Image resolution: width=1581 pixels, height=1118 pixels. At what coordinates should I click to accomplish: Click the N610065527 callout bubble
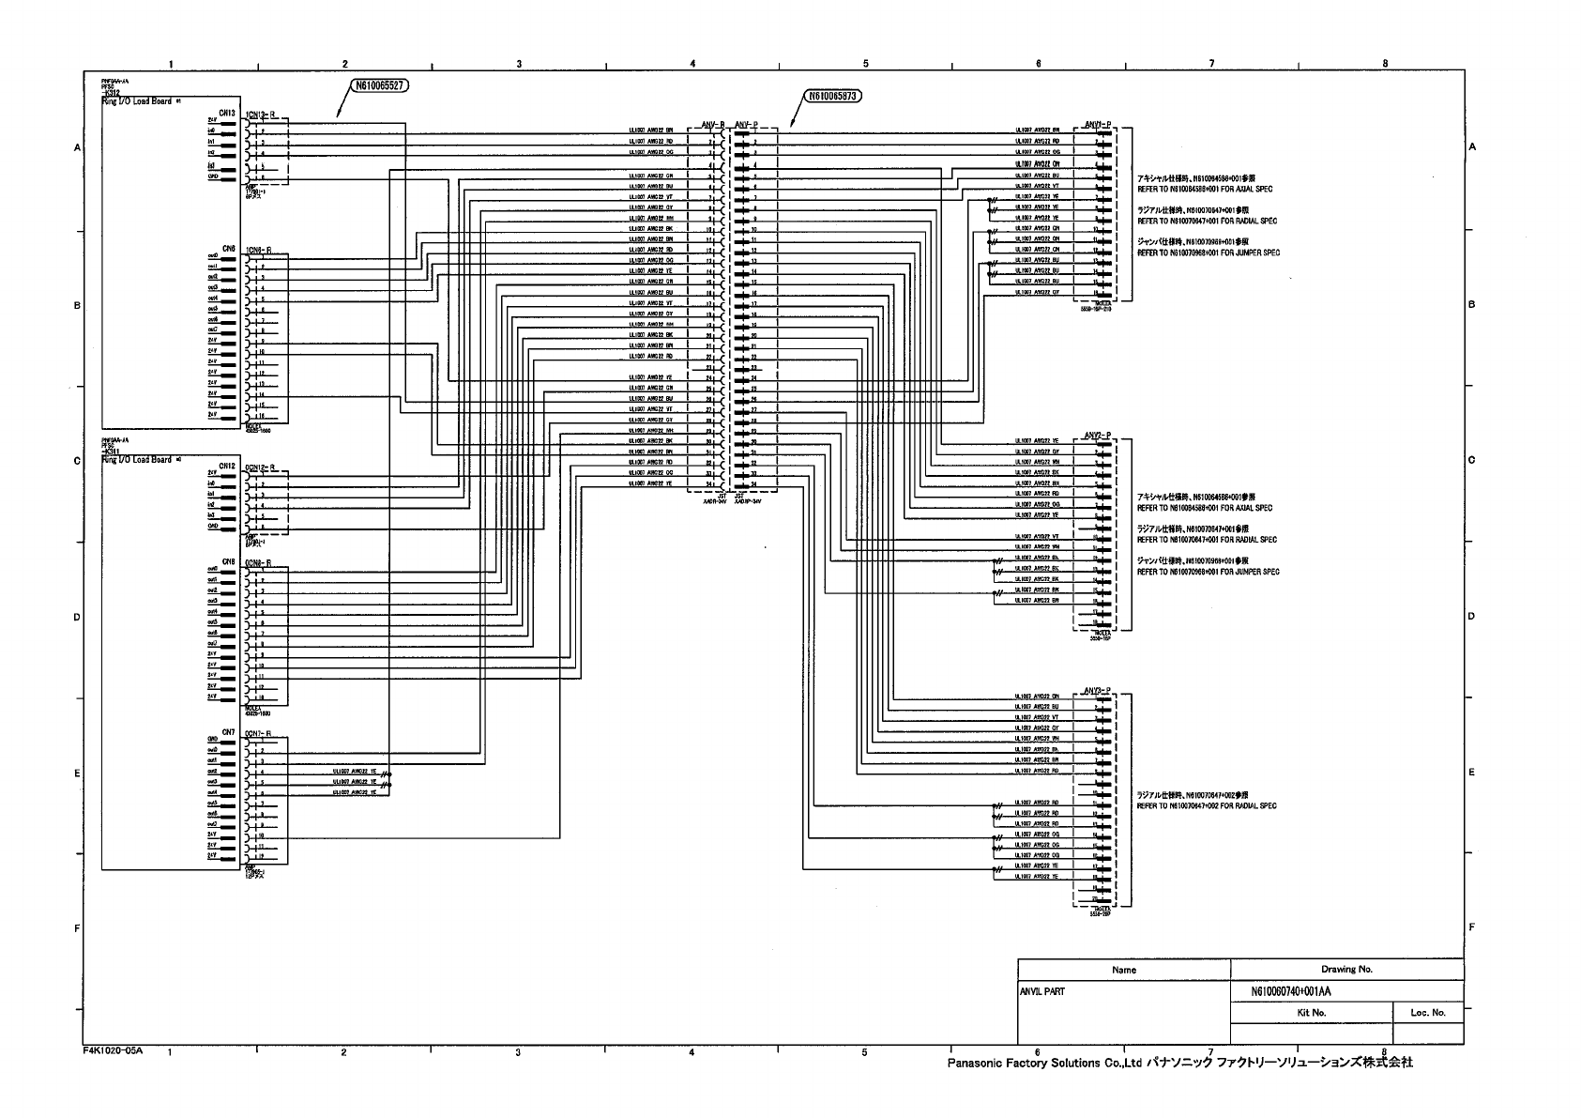pyautogui.click(x=380, y=85)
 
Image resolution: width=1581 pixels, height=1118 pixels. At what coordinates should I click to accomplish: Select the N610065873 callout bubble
pyautogui.click(x=832, y=96)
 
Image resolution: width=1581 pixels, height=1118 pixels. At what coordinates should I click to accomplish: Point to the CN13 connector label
pyautogui.click(x=227, y=114)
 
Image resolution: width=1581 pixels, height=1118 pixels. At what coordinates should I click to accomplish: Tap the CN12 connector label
pyautogui.click(x=227, y=466)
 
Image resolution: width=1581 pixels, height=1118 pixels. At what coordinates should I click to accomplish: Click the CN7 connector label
pyautogui.click(x=228, y=731)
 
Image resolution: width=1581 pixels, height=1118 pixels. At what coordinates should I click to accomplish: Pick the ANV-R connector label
pyautogui.click(x=713, y=124)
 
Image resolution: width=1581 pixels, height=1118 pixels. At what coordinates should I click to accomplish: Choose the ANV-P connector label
pyautogui.click(x=746, y=124)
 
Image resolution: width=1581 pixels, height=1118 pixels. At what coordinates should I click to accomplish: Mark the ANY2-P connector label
pyautogui.click(x=1097, y=435)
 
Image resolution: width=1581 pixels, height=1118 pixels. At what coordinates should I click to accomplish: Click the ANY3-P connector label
pyautogui.click(x=1097, y=690)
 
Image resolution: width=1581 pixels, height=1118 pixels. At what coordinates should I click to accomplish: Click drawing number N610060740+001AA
pyautogui.click(x=1292, y=991)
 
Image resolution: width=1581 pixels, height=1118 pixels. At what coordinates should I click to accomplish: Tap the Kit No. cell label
pyautogui.click(x=1311, y=1013)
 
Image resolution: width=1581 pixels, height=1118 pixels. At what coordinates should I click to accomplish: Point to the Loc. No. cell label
pyautogui.click(x=1427, y=1013)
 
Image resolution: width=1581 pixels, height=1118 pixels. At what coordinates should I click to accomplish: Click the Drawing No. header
pyautogui.click(x=1345, y=970)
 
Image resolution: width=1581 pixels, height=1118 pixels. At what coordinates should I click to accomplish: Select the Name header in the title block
pyautogui.click(x=1123, y=970)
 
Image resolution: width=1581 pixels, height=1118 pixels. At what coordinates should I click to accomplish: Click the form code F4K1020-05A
pyautogui.click(x=113, y=1050)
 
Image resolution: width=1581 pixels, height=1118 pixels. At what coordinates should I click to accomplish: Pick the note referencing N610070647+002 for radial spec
pyautogui.click(x=1207, y=805)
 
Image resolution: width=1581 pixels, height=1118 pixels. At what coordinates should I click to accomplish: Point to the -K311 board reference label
pyautogui.click(x=111, y=452)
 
